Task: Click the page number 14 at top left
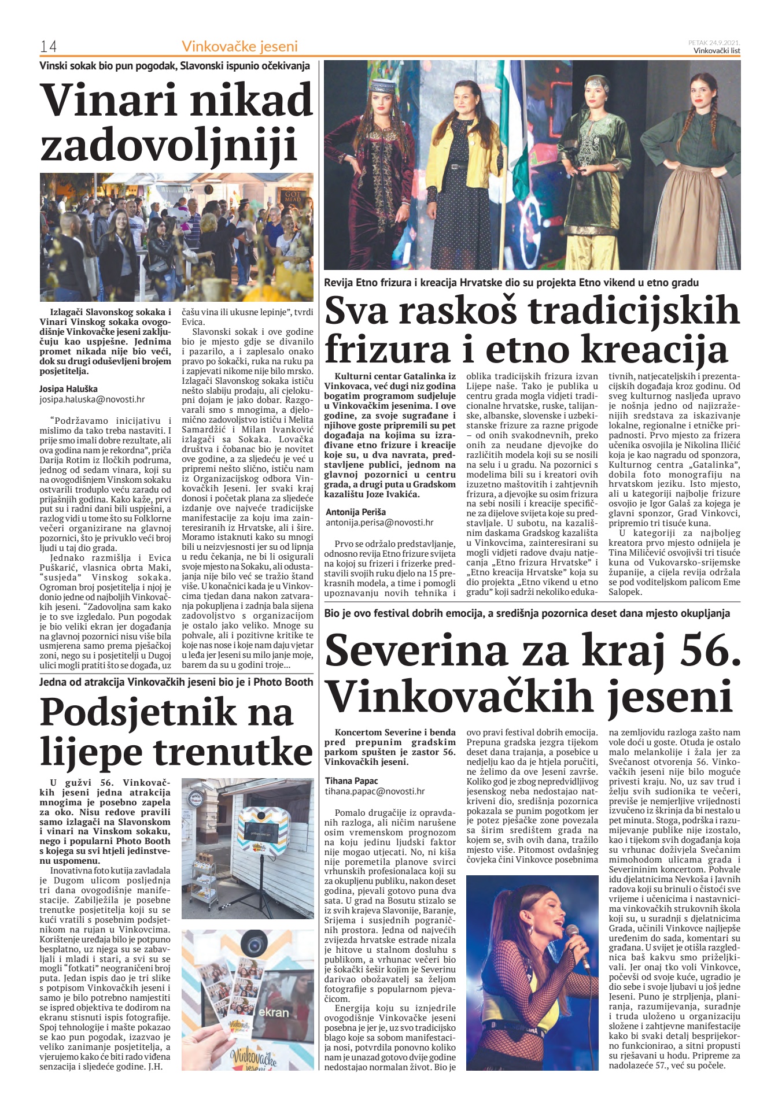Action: click(47, 46)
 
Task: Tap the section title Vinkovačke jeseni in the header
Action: click(239, 46)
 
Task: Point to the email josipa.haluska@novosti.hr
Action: click(92, 399)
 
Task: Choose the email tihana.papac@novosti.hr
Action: click(375, 791)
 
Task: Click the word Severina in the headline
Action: click(415, 650)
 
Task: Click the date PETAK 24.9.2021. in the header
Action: click(714, 42)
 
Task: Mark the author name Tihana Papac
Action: click(352, 781)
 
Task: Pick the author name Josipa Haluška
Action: click(68, 388)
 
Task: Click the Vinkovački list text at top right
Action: click(717, 50)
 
